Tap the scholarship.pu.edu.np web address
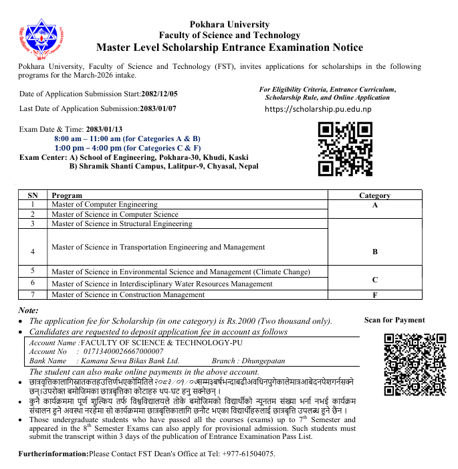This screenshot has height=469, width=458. click(x=318, y=109)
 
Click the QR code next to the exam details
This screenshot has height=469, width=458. click(x=344, y=149)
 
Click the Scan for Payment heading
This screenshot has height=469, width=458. click(x=394, y=320)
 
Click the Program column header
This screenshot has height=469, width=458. click(x=67, y=195)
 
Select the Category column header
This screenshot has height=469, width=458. click(x=374, y=195)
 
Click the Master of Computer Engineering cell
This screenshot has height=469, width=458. click(x=104, y=204)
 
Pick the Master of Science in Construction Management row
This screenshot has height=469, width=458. click(x=128, y=294)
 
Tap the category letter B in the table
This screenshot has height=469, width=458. click(x=374, y=252)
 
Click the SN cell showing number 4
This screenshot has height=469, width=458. click(x=33, y=252)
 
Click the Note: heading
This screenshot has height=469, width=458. click(x=29, y=310)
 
